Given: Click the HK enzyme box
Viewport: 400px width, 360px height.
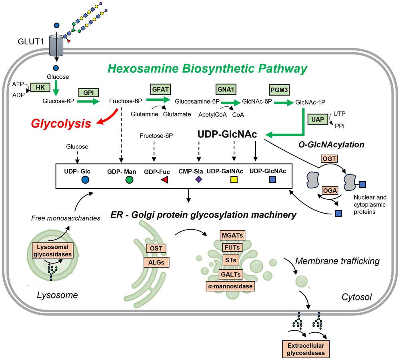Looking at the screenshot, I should (40, 87).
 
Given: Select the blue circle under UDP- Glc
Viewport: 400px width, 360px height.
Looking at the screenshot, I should (85, 180).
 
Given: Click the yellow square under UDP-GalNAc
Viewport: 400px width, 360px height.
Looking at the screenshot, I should (234, 180).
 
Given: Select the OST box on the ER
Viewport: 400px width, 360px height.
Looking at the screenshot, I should (156, 248).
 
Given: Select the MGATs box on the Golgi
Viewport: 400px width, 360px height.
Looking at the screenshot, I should (232, 235).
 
